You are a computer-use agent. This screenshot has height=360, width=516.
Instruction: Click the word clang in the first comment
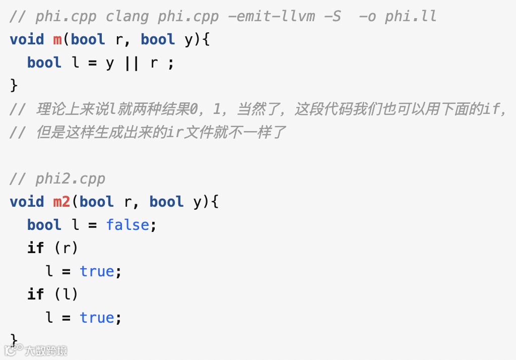coord(127,17)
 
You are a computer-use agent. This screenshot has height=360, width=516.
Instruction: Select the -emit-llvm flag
coord(271,17)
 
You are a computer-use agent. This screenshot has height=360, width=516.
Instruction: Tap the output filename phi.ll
coord(411,17)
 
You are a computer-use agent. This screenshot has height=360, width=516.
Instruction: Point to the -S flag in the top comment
coord(332,17)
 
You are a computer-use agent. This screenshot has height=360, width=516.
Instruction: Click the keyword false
coord(127,225)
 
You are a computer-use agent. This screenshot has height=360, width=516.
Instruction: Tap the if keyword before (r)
coord(36,248)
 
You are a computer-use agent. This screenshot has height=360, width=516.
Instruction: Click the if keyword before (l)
coord(36,294)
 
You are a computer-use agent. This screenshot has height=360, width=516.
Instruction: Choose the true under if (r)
coord(97,271)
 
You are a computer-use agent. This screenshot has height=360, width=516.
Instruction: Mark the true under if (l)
coord(97,318)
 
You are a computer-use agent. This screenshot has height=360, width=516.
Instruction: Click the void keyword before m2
coord(27,202)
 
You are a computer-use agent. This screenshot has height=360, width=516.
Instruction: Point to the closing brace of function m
coord(14,86)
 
